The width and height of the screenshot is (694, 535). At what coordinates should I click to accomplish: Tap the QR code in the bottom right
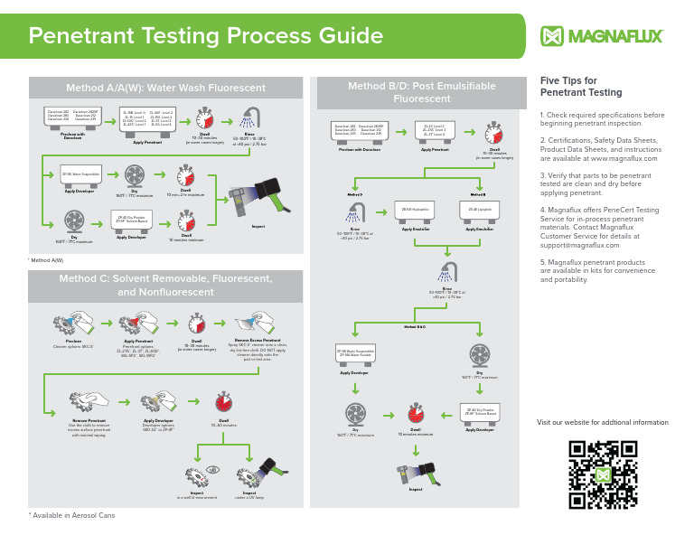[602, 474]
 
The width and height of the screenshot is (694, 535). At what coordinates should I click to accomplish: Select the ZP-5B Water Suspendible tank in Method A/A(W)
[80, 174]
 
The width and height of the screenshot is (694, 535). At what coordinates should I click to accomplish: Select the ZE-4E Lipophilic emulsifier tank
[479, 211]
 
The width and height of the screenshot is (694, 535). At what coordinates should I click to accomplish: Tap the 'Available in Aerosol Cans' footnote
[72, 514]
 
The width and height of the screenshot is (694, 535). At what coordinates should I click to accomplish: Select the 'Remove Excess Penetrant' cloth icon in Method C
[251, 324]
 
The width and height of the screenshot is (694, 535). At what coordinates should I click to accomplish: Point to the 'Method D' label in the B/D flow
[355, 193]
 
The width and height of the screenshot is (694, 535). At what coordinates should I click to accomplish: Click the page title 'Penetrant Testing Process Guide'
[206, 36]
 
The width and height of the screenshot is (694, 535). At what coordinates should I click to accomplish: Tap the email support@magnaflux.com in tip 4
[573, 245]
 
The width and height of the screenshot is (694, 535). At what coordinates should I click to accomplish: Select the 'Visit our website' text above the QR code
[602, 422]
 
